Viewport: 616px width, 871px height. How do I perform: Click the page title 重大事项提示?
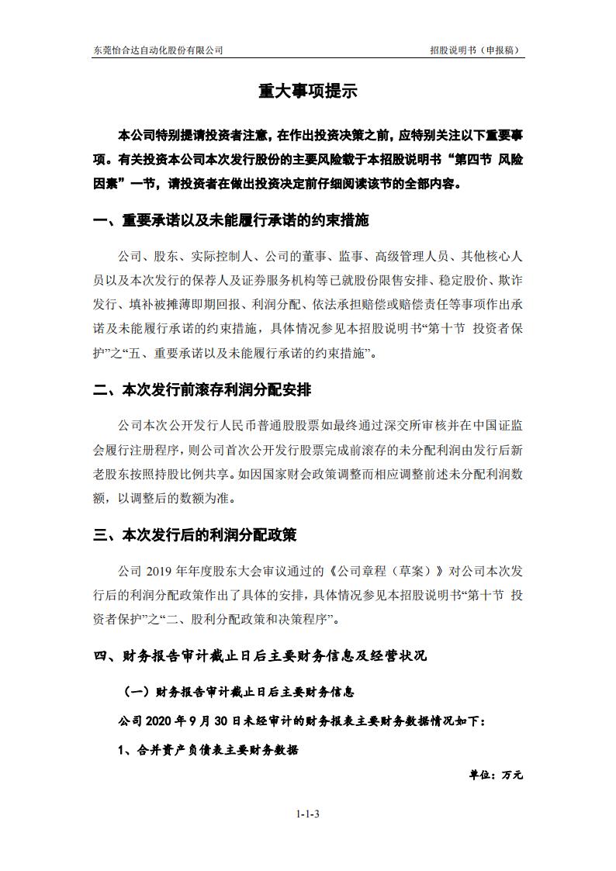coord(307,91)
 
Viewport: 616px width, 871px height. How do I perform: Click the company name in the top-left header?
coord(157,50)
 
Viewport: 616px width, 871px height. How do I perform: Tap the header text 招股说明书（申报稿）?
coord(474,50)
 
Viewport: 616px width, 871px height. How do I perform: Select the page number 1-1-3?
coord(308,814)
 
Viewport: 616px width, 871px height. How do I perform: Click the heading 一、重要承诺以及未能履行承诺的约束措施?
coord(230,221)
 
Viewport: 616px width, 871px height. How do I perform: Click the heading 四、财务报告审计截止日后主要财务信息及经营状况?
coord(260,656)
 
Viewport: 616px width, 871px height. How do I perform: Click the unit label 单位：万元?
coord(496,775)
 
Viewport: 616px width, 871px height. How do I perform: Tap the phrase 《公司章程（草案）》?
coord(385,572)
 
